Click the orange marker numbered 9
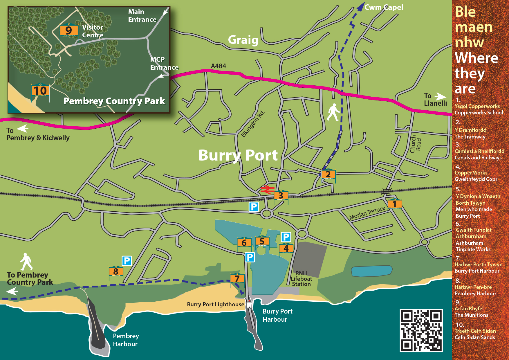coord(69,30)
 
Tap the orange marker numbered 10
coord(40,91)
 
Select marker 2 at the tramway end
coord(328,174)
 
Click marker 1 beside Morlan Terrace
coord(395,204)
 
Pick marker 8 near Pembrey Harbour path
coord(116,271)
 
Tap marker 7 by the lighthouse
coord(237,279)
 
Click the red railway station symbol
coord(267,190)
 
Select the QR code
coord(421,330)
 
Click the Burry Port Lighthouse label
coord(215,304)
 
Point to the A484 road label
coord(218,66)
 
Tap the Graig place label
coord(243,40)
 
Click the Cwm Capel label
coord(384,7)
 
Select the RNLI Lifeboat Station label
coord(301,279)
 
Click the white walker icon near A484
coord(333,112)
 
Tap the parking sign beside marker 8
coord(127,261)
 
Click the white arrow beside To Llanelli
coord(440,96)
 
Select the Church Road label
coord(415,144)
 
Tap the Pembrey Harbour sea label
coord(125,340)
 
